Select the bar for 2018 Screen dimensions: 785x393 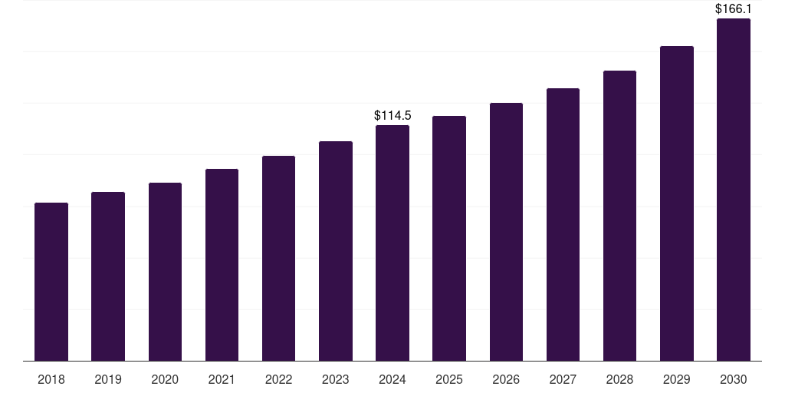(x=51, y=282)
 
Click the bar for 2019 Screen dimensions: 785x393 (x=108, y=276)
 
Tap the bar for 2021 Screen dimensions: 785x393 (x=222, y=265)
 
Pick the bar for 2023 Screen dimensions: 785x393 (x=336, y=251)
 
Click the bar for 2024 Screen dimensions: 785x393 (x=392, y=243)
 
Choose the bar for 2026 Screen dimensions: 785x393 (x=506, y=232)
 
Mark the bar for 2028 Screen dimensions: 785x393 (x=619, y=216)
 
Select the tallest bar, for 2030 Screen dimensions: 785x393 (x=734, y=190)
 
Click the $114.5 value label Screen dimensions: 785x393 (x=392, y=116)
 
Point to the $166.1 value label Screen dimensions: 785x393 (x=734, y=8)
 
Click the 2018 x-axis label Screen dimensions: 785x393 (x=51, y=379)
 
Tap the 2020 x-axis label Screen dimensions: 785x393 (x=165, y=379)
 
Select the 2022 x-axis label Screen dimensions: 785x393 (x=278, y=379)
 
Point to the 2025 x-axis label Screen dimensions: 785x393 (x=449, y=379)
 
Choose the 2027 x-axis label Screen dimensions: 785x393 (x=563, y=379)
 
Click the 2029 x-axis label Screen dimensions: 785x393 (x=676, y=379)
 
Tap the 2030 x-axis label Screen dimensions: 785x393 (x=734, y=379)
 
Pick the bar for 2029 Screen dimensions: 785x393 (x=677, y=203)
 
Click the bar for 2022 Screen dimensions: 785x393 (x=278, y=258)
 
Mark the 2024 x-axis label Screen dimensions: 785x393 (x=392, y=379)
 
